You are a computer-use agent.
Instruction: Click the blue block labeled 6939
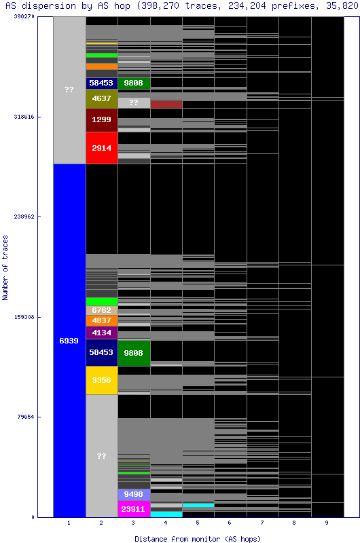(x=69, y=340)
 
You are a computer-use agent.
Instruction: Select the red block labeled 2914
(x=102, y=148)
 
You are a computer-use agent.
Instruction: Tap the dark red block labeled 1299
(x=102, y=119)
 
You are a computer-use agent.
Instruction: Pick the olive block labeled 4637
(x=102, y=99)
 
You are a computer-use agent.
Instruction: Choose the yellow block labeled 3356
(x=102, y=380)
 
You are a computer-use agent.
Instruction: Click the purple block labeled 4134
(x=102, y=333)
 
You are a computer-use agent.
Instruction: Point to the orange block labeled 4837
(x=102, y=320)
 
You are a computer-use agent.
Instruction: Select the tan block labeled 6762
(x=102, y=310)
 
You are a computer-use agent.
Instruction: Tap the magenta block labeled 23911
(x=134, y=509)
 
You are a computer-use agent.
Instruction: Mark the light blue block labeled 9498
(x=134, y=495)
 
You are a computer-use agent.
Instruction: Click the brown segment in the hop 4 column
(x=166, y=105)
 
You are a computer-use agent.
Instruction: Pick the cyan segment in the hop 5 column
(x=198, y=505)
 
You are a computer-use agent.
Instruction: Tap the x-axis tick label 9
(x=327, y=523)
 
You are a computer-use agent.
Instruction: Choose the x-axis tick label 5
(x=198, y=523)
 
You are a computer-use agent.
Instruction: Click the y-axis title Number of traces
(x=5, y=268)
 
